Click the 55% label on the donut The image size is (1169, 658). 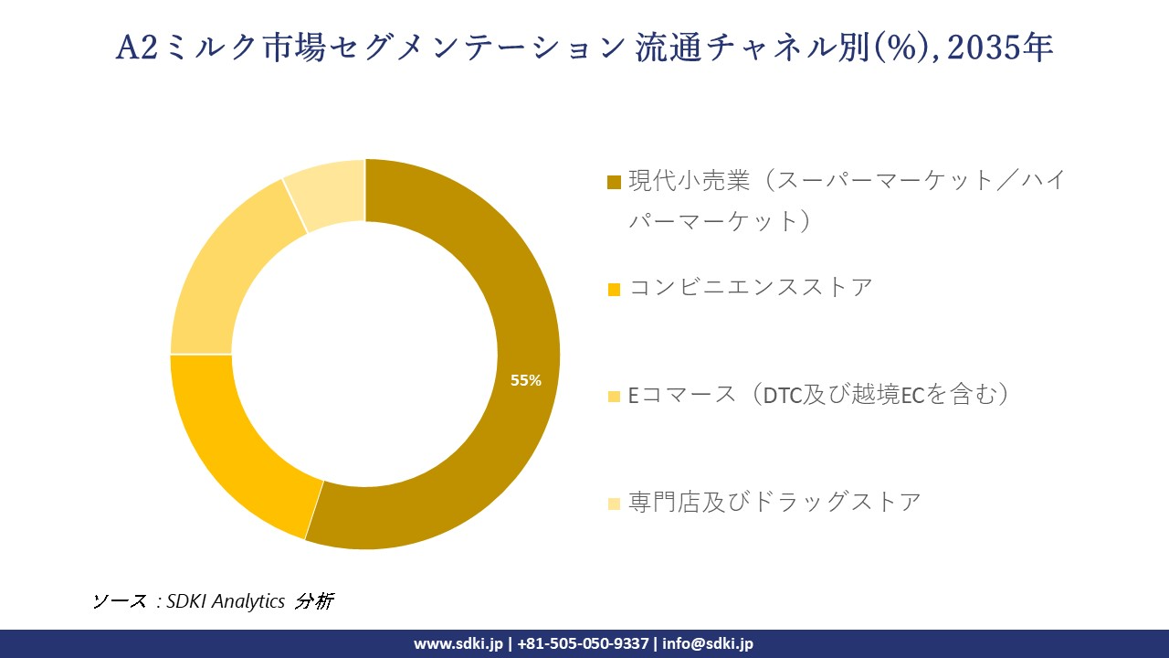(x=526, y=381)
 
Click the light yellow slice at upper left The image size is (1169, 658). (x=228, y=274)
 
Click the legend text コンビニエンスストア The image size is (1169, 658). (x=751, y=287)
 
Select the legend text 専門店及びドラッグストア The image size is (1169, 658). (x=774, y=502)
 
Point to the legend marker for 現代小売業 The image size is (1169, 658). (x=614, y=182)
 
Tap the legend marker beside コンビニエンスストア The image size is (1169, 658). (x=614, y=289)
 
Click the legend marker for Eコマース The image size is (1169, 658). (x=614, y=396)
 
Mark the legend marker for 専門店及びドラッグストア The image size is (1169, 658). (x=614, y=503)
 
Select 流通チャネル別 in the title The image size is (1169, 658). (x=740, y=48)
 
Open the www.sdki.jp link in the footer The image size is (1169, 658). (x=458, y=643)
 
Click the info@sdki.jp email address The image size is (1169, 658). (x=708, y=643)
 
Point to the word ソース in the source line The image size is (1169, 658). (x=120, y=601)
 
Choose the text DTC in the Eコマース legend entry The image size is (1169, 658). (x=781, y=396)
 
